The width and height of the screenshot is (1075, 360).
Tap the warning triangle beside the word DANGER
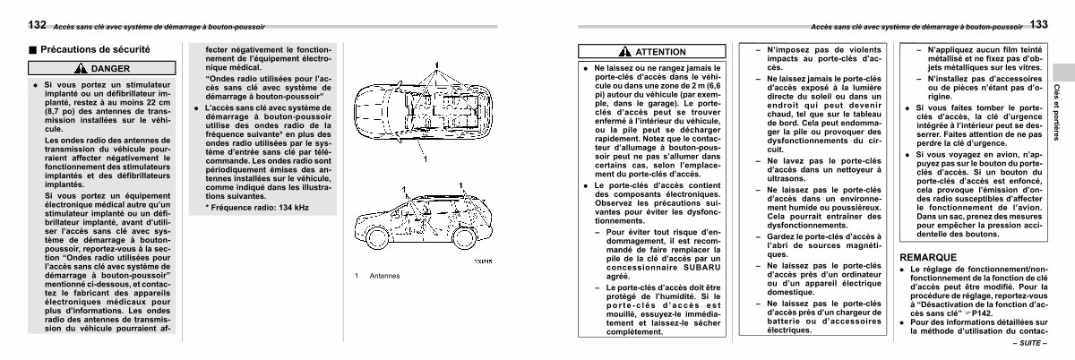click(x=82, y=68)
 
